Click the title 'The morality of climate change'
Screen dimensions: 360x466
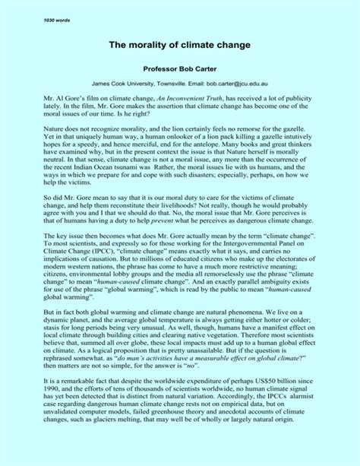click(180, 46)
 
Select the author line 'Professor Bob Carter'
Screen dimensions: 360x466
click(180, 68)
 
